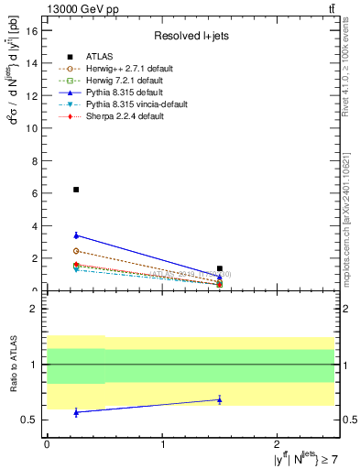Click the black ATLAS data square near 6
click(76, 190)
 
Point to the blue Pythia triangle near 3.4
click(76, 235)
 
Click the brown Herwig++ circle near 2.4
click(76, 251)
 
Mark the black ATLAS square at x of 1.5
click(220, 268)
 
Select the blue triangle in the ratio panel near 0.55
click(76, 412)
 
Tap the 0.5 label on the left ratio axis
click(28, 420)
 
